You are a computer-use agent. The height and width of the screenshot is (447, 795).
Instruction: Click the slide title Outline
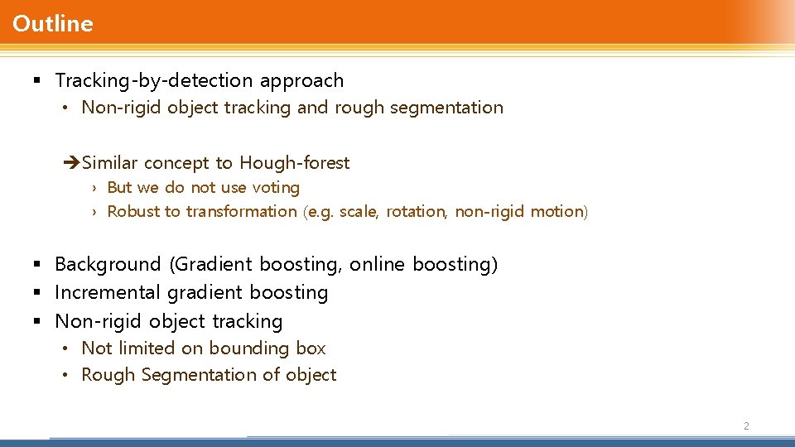(x=53, y=24)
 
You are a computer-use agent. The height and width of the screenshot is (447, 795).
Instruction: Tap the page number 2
(x=746, y=425)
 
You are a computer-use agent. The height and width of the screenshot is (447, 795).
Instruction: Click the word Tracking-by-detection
(x=154, y=81)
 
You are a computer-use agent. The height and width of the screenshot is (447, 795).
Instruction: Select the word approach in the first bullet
(x=301, y=81)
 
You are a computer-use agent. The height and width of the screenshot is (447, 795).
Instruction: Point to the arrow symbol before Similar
(x=71, y=163)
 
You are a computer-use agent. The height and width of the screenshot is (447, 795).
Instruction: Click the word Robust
(x=134, y=212)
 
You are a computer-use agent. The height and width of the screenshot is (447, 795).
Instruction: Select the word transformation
(x=241, y=212)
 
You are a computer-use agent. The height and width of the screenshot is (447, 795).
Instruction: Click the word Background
(x=108, y=265)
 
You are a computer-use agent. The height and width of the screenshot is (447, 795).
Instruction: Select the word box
(x=311, y=348)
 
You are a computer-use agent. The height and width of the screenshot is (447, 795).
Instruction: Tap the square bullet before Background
(x=37, y=265)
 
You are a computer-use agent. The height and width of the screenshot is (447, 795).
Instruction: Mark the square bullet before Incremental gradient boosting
(x=37, y=293)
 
